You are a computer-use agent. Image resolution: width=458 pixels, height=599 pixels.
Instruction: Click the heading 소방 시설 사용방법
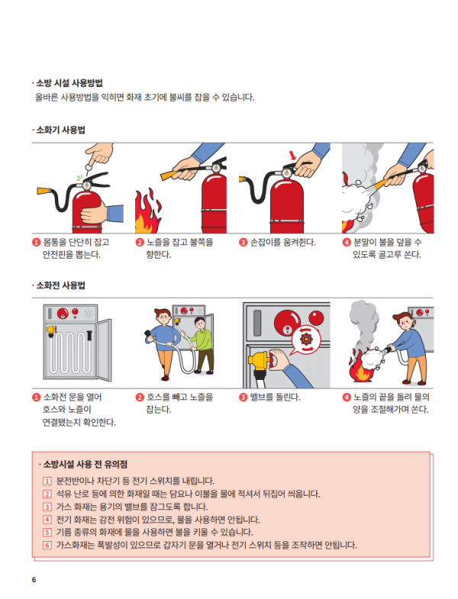click(69, 83)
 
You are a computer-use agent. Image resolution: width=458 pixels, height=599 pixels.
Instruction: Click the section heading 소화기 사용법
click(60, 130)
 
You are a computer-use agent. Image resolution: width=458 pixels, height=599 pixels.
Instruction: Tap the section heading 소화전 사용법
click(60, 285)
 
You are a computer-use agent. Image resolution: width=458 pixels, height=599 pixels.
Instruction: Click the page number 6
click(34, 579)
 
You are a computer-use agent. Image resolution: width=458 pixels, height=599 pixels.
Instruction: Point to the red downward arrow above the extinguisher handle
click(292, 155)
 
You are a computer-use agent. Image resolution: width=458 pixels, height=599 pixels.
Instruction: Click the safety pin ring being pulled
click(89, 167)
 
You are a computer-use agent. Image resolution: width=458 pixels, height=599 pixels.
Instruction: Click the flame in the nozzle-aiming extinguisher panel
click(147, 212)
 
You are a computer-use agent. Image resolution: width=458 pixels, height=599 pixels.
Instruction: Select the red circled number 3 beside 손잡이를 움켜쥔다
click(244, 242)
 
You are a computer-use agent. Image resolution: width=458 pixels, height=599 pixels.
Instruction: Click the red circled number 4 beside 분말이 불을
click(347, 242)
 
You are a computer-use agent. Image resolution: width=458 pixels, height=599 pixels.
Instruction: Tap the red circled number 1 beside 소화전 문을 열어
click(37, 398)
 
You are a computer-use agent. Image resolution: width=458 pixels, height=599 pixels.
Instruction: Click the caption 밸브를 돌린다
click(276, 398)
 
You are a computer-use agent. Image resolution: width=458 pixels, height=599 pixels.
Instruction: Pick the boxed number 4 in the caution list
click(47, 520)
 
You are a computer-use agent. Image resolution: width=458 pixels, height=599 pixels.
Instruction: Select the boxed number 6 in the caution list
click(47, 545)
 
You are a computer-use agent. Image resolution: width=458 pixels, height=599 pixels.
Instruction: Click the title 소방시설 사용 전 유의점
click(85, 465)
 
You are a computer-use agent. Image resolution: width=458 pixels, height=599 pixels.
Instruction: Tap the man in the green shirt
click(200, 345)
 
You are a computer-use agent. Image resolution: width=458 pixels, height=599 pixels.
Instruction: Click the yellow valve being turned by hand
click(261, 360)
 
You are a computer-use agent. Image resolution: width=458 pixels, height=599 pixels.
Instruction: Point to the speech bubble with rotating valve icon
click(305, 340)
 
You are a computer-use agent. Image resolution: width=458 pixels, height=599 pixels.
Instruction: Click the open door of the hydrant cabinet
click(104, 349)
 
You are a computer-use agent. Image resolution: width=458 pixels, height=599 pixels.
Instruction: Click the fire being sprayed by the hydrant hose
click(360, 368)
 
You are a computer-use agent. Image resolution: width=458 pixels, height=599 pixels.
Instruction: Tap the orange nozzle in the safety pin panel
click(44, 191)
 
